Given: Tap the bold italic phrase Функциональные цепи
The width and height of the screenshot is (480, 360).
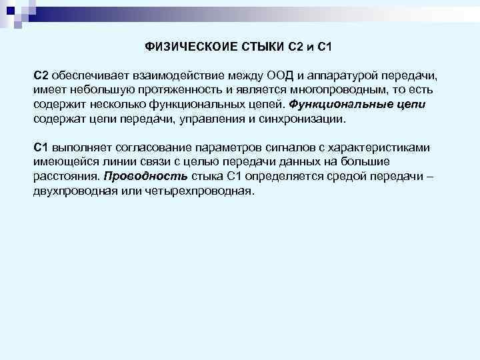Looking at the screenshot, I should (x=357, y=105).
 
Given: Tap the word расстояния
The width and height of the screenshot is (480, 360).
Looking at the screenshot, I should (x=67, y=177).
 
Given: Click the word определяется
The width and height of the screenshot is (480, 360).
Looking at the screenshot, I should (x=274, y=177).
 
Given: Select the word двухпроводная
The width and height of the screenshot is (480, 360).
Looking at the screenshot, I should (x=73, y=191).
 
